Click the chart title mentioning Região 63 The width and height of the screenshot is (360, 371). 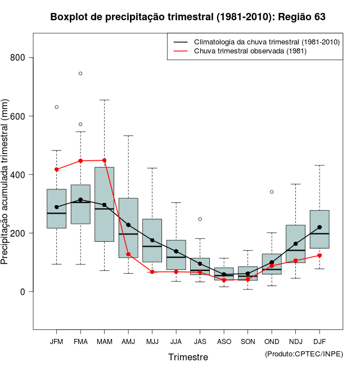188,17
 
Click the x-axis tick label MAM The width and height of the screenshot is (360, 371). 104,341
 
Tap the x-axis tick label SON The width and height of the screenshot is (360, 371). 247,341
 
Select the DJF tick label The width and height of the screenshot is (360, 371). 319,341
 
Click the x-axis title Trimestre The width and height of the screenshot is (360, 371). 188,357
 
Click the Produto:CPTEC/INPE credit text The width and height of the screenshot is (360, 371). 304,354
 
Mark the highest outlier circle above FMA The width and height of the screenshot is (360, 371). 80,73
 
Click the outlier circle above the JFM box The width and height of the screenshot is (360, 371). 56,107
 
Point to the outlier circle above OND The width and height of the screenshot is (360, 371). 272,192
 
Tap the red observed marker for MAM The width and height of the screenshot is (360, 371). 104,160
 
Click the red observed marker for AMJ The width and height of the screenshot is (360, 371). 128,255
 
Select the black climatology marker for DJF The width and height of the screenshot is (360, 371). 319,227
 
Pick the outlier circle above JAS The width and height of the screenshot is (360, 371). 200,219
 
